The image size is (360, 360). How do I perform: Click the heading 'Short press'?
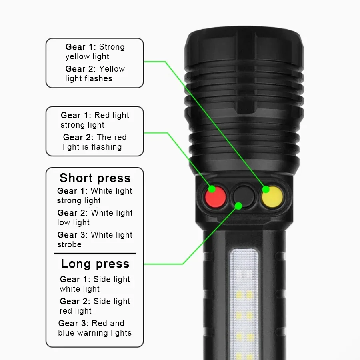[x=95, y=178]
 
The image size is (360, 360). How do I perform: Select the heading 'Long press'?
[x=95, y=264]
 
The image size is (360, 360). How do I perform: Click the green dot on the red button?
[x=212, y=189]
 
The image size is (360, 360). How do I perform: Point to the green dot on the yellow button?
[x=266, y=189]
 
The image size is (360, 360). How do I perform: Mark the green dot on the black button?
[x=238, y=206]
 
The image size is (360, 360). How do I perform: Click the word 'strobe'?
[x=69, y=244]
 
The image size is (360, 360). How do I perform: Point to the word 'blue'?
[x=66, y=333]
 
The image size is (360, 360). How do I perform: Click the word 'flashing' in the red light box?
[x=106, y=147]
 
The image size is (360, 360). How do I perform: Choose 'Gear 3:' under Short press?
[x=72, y=235]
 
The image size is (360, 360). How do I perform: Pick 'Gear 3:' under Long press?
[x=74, y=323]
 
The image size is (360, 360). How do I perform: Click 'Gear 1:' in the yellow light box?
[x=81, y=47]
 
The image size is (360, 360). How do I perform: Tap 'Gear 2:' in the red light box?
[x=78, y=137]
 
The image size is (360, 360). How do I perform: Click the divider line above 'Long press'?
[x=95, y=254]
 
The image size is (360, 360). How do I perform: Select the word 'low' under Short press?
[x=63, y=222]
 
